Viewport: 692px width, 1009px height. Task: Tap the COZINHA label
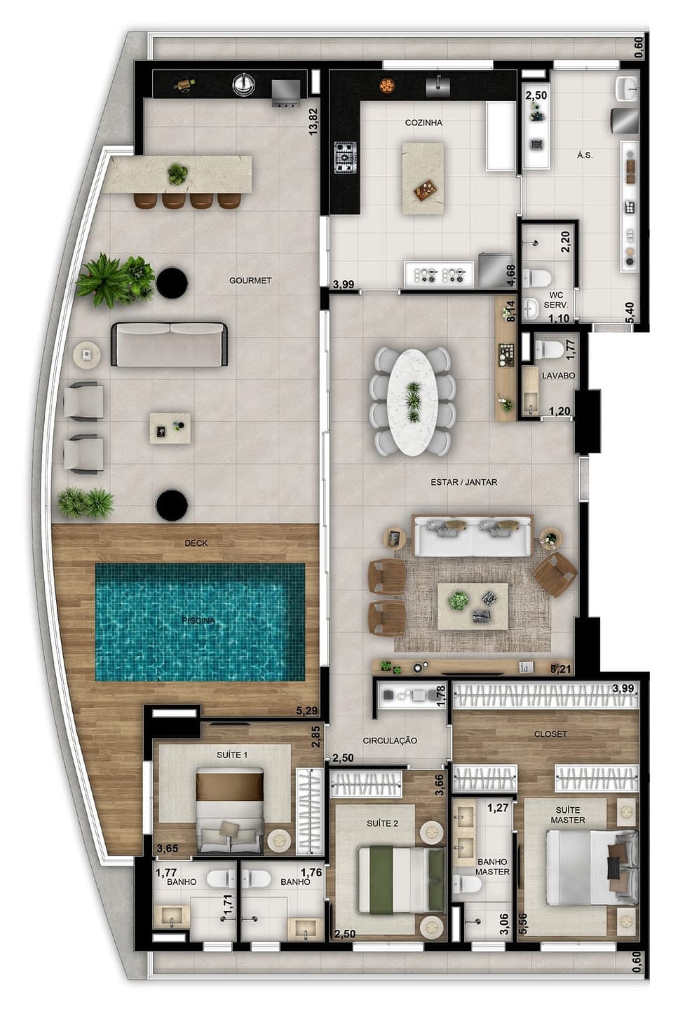pos(423,123)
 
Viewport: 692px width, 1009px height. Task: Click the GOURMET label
pos(250,280)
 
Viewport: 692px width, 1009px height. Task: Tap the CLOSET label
pos(550,734)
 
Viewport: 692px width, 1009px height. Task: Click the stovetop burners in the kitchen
pos(345,157)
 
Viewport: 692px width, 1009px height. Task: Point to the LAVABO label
pos(558,376)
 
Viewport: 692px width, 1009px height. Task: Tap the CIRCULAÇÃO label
pos(390,741)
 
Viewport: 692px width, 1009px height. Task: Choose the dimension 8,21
pos(562,669)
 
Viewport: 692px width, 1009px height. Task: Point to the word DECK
pos(196,543)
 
